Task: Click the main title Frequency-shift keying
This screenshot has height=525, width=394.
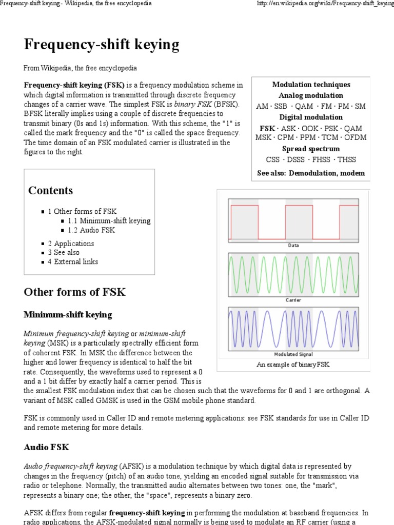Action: [x=102, y=45]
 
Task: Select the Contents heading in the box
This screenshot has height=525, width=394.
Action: [x=50, y=190]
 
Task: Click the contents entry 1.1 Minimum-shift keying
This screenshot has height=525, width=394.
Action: [x=109, y=220]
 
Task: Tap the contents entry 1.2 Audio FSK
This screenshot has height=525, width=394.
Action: [x=91, y=230]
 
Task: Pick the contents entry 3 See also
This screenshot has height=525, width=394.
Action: [x=64, y=252]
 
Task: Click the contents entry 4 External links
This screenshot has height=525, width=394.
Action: [x=73, y=261]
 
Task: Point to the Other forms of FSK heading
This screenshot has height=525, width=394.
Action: [x=74, y=292]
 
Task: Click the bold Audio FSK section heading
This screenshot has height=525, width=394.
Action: [x=46, y=447]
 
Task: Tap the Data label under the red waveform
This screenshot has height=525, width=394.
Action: [x=293, y=245]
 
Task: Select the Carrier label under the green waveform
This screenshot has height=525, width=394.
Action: [x=293, y=300]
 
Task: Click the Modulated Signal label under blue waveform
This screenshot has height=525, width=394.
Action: [x=293, y=354]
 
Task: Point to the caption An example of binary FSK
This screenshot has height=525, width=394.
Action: [x=293, y=365]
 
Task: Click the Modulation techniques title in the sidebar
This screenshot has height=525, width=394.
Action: [x=311, y=85]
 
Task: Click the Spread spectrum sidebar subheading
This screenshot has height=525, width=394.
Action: [x=311, y=149]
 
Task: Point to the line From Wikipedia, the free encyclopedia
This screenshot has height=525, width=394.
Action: [x=80, y=68]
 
